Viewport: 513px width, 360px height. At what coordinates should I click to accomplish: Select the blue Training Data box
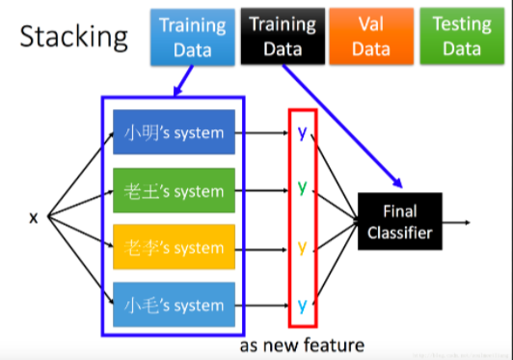coord(192,37)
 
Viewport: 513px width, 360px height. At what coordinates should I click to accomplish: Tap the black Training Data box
coord(282,37)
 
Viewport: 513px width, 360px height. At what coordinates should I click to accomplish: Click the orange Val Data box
coord(371,37)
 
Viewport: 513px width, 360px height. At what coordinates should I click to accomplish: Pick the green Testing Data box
coord(461,37)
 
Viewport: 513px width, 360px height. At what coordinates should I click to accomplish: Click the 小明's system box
coord(174,135)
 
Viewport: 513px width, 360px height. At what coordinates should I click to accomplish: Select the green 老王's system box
coord(174,191)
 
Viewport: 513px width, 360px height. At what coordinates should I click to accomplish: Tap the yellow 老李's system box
coord(174,248)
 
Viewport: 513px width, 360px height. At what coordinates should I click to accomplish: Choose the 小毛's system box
coord(174,304)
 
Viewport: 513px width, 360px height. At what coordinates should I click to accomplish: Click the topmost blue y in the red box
coord(302,134)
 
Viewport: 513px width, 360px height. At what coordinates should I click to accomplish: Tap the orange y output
coord(302,247)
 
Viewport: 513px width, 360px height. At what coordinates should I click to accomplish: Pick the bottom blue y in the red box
coord(302,305)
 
